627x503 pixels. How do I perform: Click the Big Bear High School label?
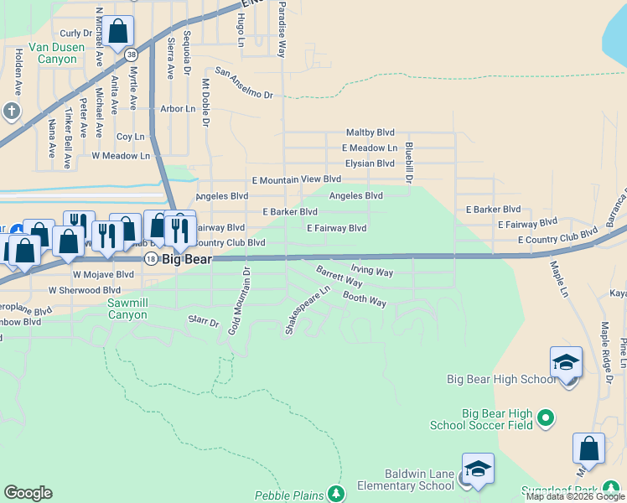click(501, 379)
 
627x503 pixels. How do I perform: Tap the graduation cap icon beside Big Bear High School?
click(566, 362)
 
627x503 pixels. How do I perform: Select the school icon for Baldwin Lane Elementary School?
click(478, 469)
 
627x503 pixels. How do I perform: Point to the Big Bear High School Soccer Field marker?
click(546, 417)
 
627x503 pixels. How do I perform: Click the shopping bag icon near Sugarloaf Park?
click(588, 449)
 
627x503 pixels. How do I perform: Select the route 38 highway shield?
click(131, 54)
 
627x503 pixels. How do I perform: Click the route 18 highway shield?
click(150, 259)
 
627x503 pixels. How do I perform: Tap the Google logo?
click(28, 493)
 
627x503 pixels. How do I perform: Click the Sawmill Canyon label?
click(127, 309)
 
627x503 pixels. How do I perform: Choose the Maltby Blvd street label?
click(370, 132)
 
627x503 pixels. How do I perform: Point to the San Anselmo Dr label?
click(244, 83)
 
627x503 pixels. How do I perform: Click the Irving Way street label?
click(371, 272)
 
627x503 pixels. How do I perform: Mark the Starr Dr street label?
click(203, 321)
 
